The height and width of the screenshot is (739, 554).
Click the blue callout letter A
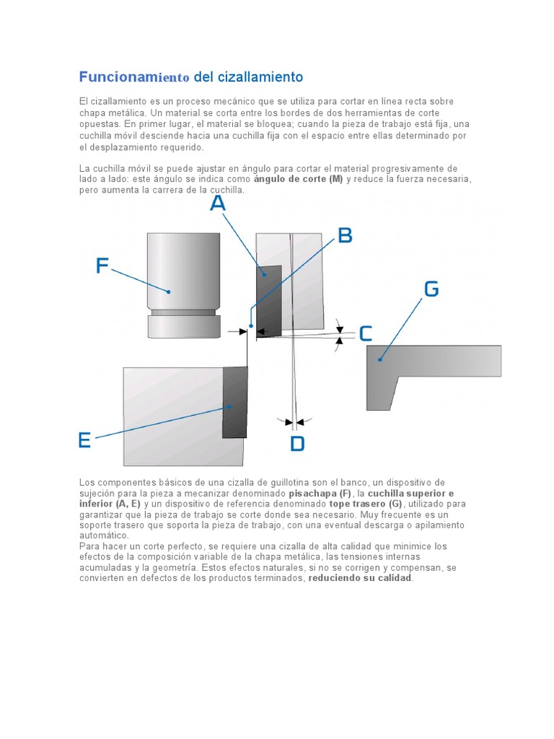217,204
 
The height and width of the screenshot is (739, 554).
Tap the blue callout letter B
345,235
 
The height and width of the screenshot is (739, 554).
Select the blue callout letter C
365,333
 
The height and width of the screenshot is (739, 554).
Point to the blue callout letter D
297,443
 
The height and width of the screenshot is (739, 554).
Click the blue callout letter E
84,440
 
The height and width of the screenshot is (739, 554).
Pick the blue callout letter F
102,266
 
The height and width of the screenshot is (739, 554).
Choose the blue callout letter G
431,289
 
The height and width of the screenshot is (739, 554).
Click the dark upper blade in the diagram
269,302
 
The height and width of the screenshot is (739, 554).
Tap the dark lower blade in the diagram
234,402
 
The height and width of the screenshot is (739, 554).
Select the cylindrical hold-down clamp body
183,271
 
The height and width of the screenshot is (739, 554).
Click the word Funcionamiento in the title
133,76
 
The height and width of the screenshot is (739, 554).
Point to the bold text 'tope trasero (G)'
366,504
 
